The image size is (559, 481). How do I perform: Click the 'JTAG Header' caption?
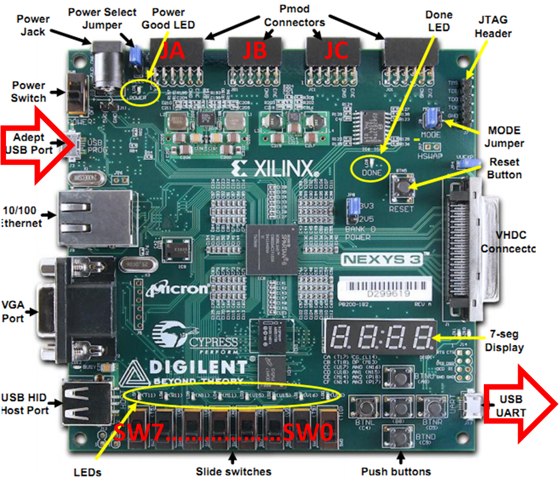pos(493,26)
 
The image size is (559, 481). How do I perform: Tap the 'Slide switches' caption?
pos(234,471)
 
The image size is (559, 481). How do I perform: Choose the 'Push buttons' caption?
pos(396,471)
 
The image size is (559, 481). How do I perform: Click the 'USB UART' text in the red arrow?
pos(511,406)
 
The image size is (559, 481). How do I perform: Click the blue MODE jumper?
pos(433,115)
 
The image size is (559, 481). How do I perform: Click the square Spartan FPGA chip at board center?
pos(272,247)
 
